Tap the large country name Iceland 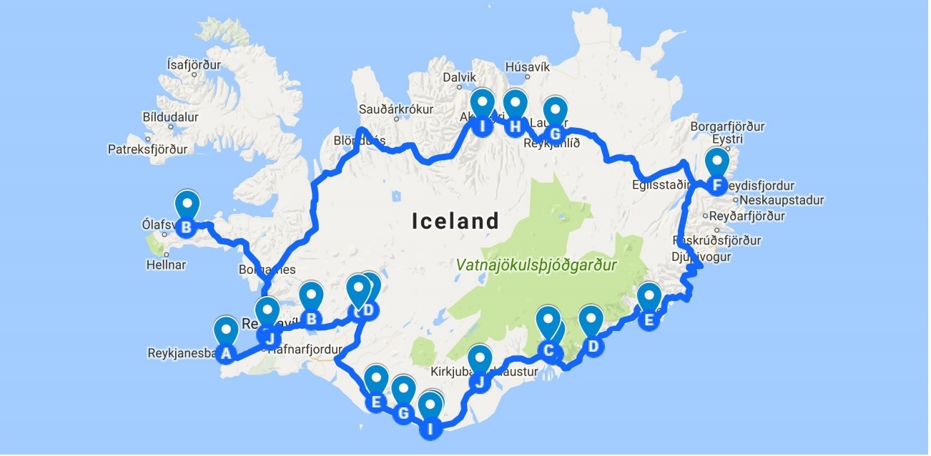point(455,221)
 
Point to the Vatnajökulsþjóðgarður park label point(536,265)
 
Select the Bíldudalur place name point(170,117)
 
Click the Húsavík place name point(527,66)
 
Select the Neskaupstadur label point(782,200)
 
